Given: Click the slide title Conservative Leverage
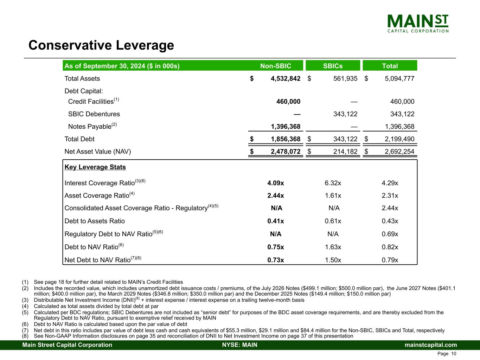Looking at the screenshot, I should [x=101, y=45].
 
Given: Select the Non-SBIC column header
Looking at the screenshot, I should [x=275, y=66].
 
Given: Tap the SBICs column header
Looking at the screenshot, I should [x=333, y=66].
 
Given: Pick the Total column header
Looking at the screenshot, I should [x=390, y=66].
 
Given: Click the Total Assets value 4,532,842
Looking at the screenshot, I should [x=285, y=79].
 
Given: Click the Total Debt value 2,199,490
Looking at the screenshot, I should [x=399, y=139].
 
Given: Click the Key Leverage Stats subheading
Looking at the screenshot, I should [x=95, y=167].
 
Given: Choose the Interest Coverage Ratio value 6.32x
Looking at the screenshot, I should [x=333, y=183].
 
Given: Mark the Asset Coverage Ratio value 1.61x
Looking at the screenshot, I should [x=333, y=196].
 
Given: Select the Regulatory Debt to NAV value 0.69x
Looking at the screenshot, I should [x=390, y=234].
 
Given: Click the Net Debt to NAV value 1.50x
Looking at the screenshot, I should [x=333, y=260].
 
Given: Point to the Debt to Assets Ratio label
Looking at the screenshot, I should [x=95, y=221].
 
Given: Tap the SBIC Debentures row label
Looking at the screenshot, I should [x=94, y=114].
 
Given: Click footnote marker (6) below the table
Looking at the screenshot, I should [x=25, y=324].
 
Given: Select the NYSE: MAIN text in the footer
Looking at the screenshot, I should [x=240, y=345].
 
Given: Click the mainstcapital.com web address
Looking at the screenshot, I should [x=431, y=345].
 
